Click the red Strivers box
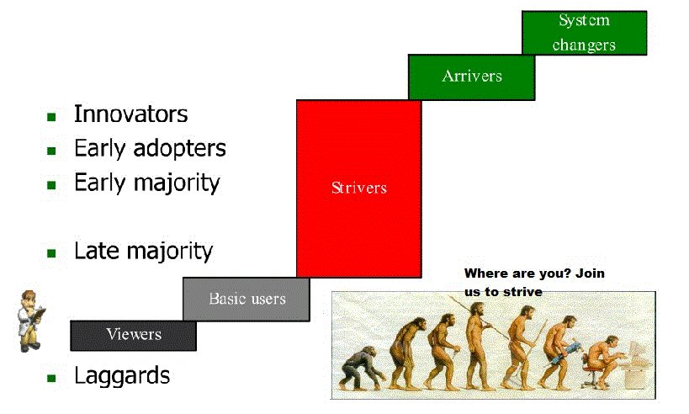(359, 189)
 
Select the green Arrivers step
(471, 77)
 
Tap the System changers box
(585, 33)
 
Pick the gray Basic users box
(246, 299)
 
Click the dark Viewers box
(133, 336)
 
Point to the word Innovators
(130, 114)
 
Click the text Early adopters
(150, 149)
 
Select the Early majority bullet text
(146, 183)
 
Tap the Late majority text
(143, 252)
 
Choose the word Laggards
(122, 376)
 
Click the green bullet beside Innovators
(51, 117)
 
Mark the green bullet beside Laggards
(51, 378)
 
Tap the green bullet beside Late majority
(51, 253)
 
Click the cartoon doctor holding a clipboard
(31, 321)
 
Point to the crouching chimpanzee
(361, 369)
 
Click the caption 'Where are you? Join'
(534, 273)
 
